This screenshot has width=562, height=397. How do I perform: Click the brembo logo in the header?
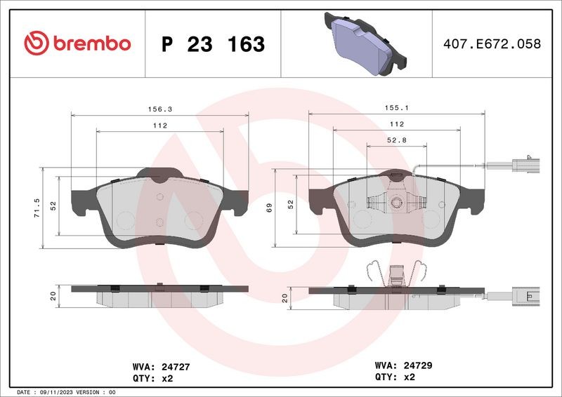[77, 43]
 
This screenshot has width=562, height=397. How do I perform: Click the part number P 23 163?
[213, 44]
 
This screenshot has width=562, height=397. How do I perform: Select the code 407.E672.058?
[492, 43]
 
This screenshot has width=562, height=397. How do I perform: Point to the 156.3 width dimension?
[159, 109]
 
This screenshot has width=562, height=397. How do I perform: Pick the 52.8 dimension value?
[397, 140]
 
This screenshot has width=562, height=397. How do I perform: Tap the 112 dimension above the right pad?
[396, 125]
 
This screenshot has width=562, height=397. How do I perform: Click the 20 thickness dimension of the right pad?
[284, 297]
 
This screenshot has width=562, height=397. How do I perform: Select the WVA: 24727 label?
[161, 366]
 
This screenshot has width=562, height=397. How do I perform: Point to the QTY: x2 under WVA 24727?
[152, 377]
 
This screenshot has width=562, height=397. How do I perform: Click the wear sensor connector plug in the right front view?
[526, 166]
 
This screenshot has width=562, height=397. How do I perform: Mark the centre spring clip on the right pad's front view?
[396, 203]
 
